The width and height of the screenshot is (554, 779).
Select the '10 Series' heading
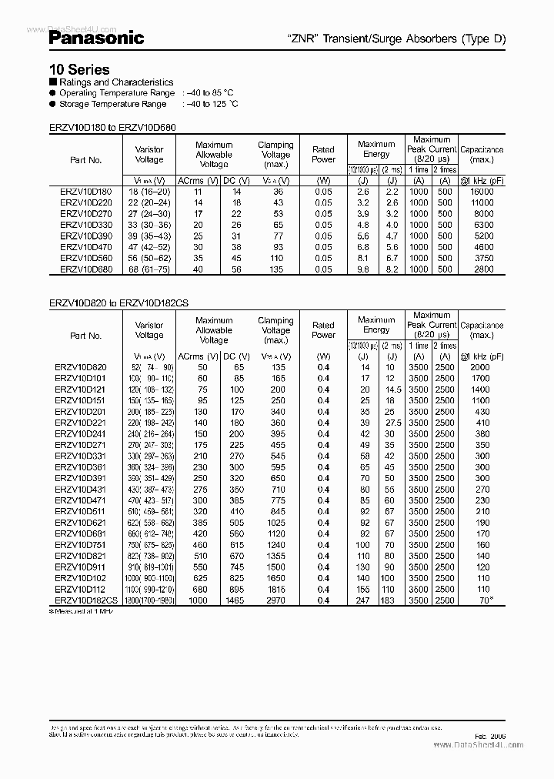78,69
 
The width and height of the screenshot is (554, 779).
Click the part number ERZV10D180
85,190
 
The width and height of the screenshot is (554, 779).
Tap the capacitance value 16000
482,190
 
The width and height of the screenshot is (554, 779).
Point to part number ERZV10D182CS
87,600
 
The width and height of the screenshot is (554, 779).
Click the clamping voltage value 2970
275,600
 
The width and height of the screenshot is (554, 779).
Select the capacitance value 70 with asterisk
483,600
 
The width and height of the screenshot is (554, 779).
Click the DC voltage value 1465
235,600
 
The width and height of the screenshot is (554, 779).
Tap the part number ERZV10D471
81,500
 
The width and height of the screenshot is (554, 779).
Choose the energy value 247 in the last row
363,600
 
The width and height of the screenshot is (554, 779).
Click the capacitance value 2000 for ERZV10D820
481,367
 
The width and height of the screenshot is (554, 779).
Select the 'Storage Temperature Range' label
112,103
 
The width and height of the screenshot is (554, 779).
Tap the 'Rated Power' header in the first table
323,154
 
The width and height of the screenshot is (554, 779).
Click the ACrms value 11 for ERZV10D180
197,190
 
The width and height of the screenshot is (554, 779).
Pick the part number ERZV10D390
85,236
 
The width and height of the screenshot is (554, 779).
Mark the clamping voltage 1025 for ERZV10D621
275,523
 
